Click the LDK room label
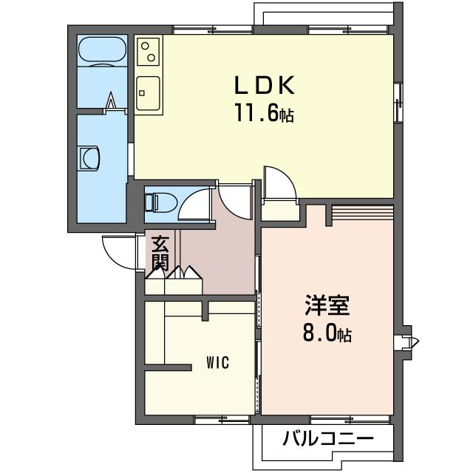(x=265, y=86)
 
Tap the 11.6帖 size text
(x=265, y=112)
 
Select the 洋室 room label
(x=327, y=304)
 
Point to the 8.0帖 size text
(x=327, y=333)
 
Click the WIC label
(x=218, y=362)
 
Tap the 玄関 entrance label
(x=160, y=253)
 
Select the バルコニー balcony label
(x=328, y=438)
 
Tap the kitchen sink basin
(x=148, y=93)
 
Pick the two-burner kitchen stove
(x=148, y=52)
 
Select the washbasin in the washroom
(x=89, y=158)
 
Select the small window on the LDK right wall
(x=398, y=103)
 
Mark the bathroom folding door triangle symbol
(x=111, y=101)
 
